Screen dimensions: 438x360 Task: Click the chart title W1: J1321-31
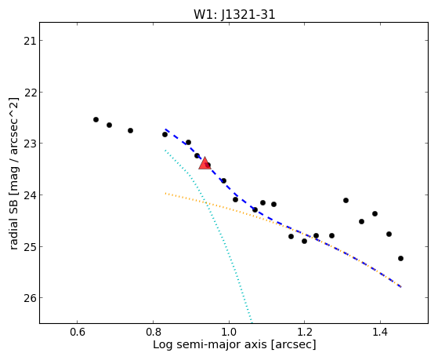point(234,15)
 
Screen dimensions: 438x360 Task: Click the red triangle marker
point(205,163)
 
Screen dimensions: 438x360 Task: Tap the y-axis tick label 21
point(30,41)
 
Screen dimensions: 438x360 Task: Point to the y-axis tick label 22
point(30,93)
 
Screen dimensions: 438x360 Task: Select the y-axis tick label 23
point(30,144)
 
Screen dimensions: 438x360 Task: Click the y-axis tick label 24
point(30,195)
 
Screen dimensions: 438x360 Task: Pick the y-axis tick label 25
point(30,247)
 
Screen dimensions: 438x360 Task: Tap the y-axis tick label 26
point(30,298)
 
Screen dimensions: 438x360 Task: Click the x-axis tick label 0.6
point(78,333)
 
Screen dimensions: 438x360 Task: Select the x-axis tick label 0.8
point(153,333)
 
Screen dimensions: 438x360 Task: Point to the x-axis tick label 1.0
point(229,333)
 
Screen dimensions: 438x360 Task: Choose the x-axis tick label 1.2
point(305,333)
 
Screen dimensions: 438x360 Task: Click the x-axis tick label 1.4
point(380,333)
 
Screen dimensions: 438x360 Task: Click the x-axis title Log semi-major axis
point(210,344)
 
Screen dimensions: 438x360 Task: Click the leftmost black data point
point(96,120)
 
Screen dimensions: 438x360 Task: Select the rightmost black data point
point(401,259)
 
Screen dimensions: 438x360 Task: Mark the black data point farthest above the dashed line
point(346,200)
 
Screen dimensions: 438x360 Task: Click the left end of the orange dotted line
point(165,193)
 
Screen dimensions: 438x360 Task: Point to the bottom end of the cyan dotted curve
point(252,322)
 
